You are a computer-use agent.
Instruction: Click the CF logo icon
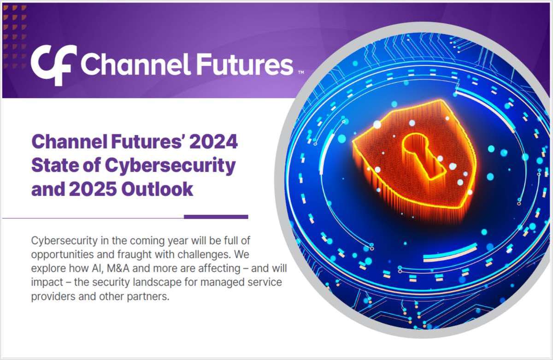[51, 64]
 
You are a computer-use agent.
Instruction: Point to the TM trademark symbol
[300, 72]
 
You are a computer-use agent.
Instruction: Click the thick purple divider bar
[216, 217]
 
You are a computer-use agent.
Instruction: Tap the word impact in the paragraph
[45, 282]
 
